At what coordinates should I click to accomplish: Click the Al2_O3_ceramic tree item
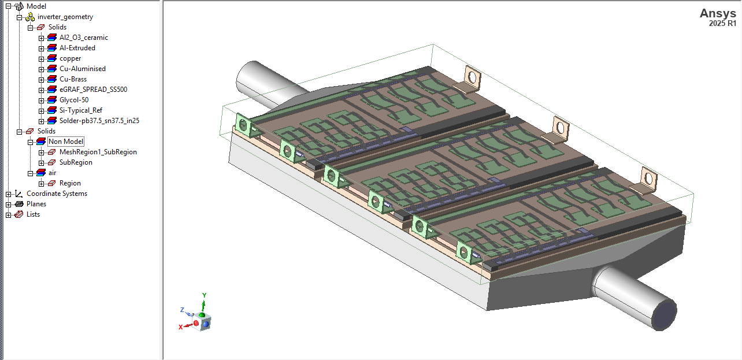click(x=83, y=38)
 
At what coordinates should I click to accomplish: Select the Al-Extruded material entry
click(x=77, y=48)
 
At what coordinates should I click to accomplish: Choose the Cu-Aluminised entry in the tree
click(x=82, y=69)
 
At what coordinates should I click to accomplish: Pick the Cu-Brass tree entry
click(x=73, y=79)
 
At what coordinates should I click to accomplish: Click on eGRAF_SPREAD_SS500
click(x=93, y=90)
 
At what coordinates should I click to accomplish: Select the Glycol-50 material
click(x=74, y=100)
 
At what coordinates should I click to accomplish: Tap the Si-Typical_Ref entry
click(x=80, y=110)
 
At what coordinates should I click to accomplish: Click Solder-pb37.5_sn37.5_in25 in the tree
click(x=99, y=121)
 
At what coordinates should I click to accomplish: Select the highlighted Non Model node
click(x=66, y=142)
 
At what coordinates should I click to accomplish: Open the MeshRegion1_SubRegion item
click(x=98, y=152)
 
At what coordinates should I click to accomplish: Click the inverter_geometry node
click(x=65, y=17)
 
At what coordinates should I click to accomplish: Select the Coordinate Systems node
click(x=57, y=194)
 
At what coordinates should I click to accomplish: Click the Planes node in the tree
click(x=36, y=204)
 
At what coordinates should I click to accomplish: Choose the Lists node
click(x=33, y=214)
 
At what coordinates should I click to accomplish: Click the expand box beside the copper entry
click(x=42, y=58)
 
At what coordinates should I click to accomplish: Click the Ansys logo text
click(x=718, y=14)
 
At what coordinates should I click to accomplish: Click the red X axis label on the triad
click(x=181, y=327)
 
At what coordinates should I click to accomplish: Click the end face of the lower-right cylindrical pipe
click(x=664, y=315)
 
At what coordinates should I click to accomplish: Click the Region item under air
click(x=70, y=183)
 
